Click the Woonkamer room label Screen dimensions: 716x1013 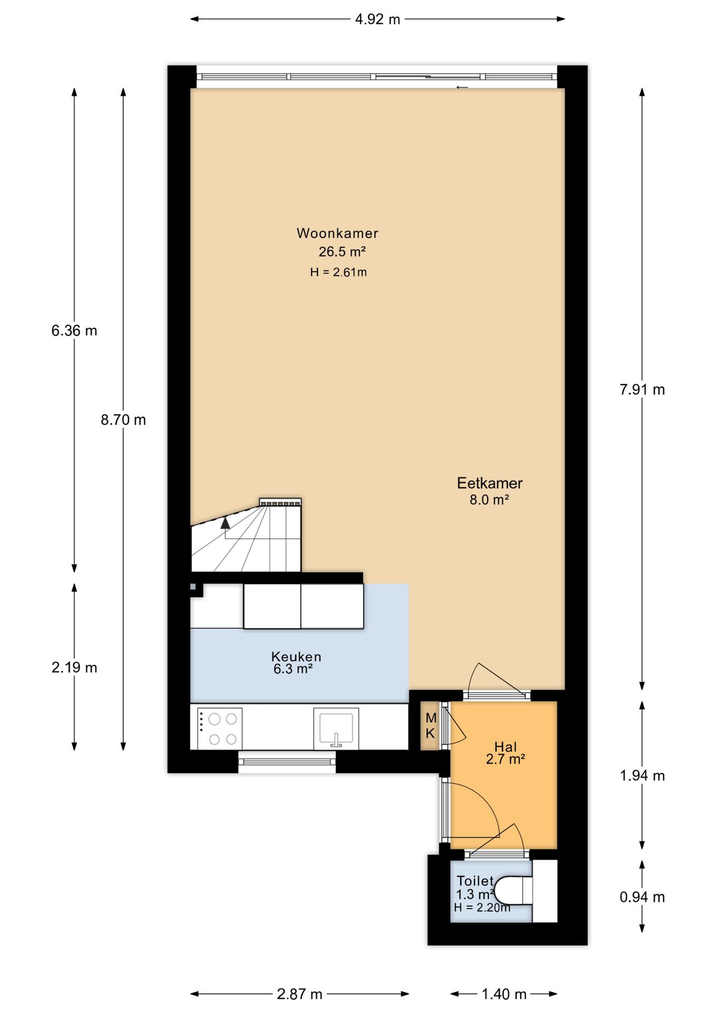[337, 233]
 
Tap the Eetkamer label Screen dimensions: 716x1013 [490, 483]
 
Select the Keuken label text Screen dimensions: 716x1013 [296, 656]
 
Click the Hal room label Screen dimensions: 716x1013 [506, 747]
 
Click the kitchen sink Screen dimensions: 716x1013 [336, 728]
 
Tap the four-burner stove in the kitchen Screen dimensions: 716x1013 [219, 729]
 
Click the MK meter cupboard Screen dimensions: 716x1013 [430, 725]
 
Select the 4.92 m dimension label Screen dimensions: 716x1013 [378, 20]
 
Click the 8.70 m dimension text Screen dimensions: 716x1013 [123, 420]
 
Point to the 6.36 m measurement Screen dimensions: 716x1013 [74, 331]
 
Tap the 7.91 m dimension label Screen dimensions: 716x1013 [642, 390]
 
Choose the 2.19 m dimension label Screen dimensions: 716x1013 [74, 667]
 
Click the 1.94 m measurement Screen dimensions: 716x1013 [642, 776]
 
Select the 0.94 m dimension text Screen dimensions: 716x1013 [642, 897]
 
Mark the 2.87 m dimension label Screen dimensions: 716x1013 [299, 995]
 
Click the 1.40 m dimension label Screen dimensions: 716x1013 [504, 995]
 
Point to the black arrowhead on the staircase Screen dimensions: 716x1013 [225, 522]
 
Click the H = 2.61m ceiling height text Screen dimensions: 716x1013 [338, 272]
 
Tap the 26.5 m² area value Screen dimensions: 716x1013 [342, 252]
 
